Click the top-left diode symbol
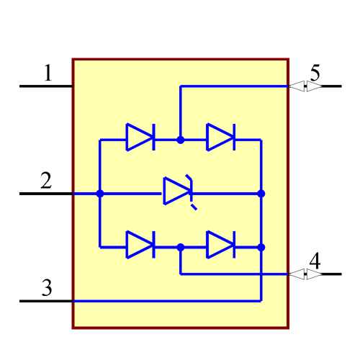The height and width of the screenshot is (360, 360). [140, 137]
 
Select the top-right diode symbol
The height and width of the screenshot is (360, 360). [220, 137]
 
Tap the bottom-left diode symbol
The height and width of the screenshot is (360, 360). [140, 245]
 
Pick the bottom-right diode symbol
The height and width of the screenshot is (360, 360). [220, 245]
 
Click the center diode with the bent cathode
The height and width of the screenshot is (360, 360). [177, 191]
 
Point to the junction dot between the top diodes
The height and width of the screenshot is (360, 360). [181, 140]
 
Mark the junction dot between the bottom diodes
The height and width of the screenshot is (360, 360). [181, 247]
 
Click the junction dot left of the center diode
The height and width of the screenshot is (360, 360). [100, 193]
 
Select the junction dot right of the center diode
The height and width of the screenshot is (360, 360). [261, 193]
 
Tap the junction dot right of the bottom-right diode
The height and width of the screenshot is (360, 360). [261, 247]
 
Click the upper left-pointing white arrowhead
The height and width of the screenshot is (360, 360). [296, 86]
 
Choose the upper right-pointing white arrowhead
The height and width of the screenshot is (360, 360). [315, 86]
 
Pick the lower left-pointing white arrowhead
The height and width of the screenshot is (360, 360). [296, 274]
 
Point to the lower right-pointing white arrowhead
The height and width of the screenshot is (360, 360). [315, 274]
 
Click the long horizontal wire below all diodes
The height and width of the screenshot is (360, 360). [166, 301]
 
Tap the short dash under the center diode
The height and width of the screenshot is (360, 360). [194, 207]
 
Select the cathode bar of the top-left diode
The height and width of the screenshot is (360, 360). [153, 137]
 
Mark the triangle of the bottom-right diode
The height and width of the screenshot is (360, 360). [217, 245]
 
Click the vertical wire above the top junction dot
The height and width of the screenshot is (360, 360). [181, 112]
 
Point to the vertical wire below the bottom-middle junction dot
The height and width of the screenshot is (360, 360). [181, 262]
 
